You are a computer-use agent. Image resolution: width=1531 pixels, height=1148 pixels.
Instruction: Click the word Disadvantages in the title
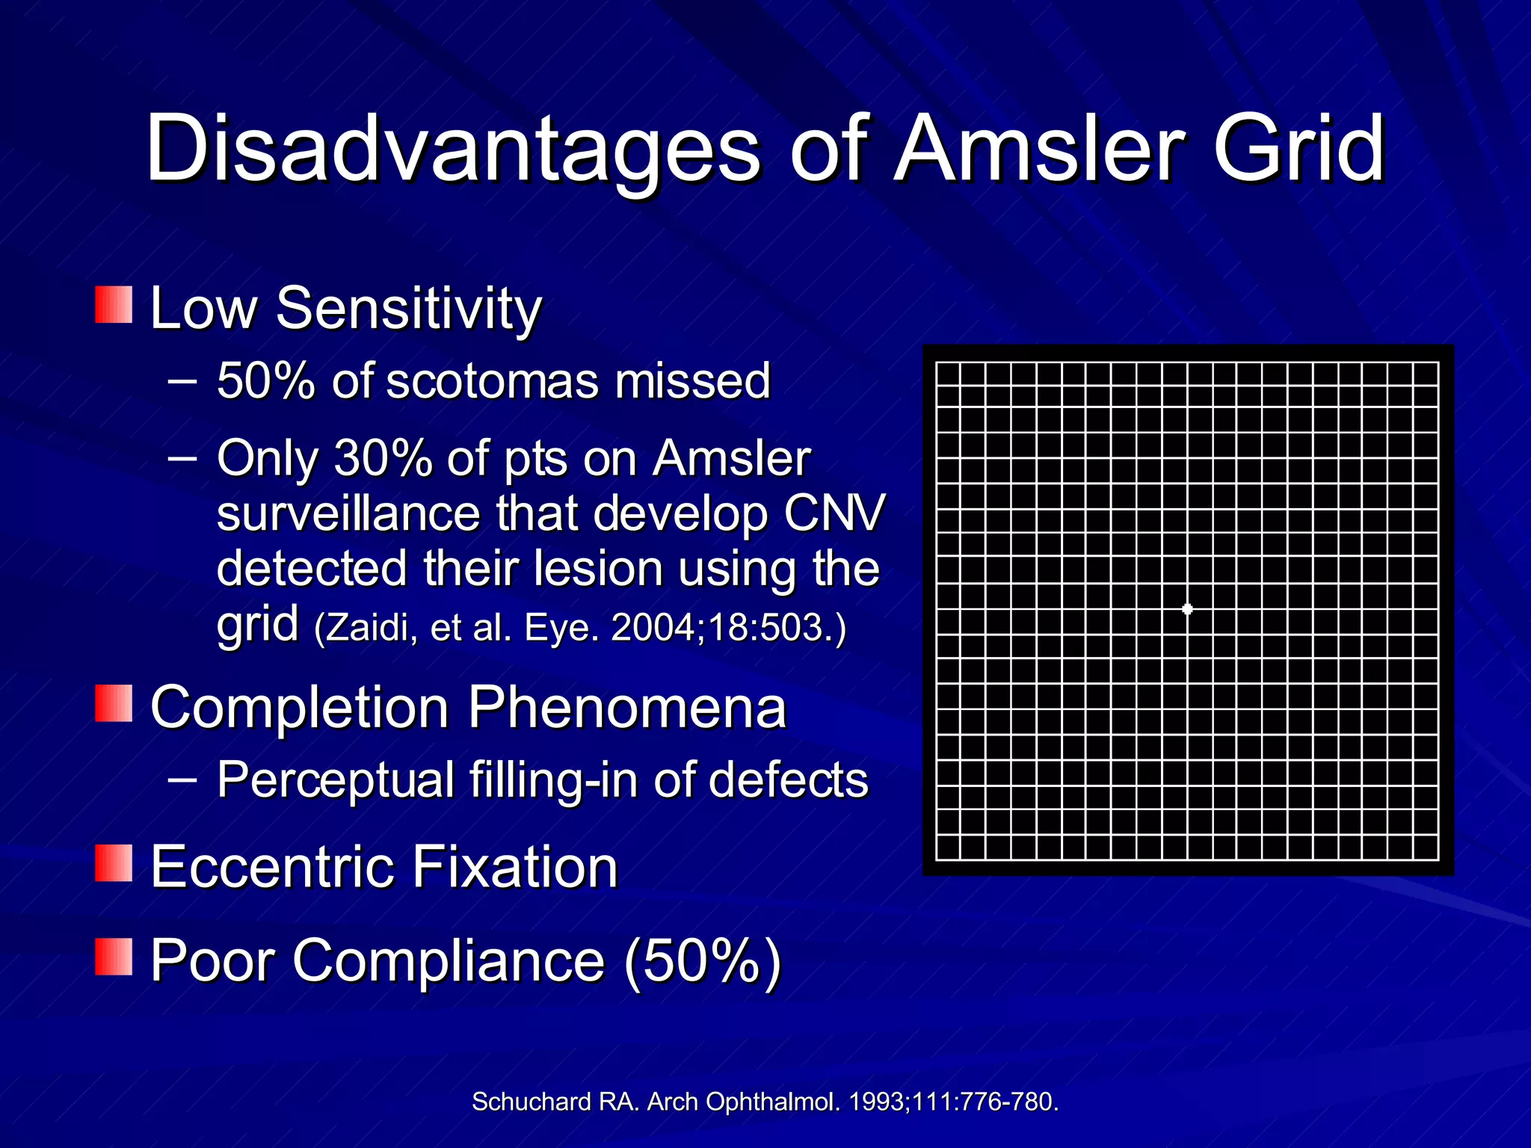pos(453,149)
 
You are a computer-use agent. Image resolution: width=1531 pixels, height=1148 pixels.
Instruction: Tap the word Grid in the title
pos(1299,149)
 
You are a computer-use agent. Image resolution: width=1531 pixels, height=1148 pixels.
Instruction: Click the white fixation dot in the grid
pos(1187,609)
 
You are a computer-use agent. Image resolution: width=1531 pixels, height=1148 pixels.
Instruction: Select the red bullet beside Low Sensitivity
pos(114,305)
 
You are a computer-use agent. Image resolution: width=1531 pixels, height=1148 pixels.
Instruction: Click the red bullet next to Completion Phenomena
pos(114,704)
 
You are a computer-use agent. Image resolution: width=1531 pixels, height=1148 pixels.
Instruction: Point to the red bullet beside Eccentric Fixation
pos(114,864)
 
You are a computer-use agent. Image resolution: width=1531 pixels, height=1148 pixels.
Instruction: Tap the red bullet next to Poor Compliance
pos(114,958)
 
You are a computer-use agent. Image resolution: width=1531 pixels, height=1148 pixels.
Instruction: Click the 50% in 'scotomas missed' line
pos(265,380)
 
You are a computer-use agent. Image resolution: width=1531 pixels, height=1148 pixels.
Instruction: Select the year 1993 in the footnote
pos(877,1102)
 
